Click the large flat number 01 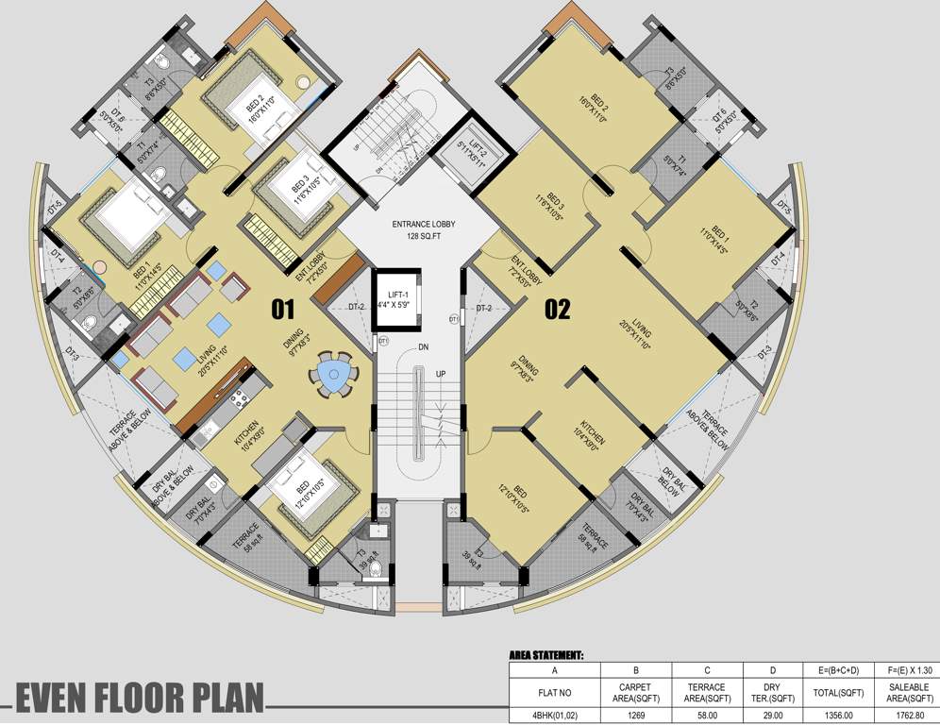(283, 309)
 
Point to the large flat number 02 (558, 309)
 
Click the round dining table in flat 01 (332, 375)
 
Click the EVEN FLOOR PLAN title (139, 698)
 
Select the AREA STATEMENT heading (546, 654)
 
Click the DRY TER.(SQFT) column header (773, 693)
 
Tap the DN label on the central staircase (424, 347)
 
